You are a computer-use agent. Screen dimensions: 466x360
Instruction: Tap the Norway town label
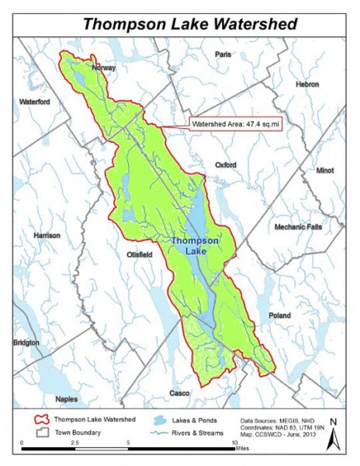104,68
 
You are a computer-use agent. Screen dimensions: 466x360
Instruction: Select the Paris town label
223,54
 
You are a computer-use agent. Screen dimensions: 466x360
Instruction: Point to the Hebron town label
306,83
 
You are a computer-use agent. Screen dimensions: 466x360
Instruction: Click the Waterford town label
34,102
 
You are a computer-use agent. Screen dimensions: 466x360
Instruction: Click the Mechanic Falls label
302,227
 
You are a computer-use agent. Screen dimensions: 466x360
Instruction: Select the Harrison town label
47,235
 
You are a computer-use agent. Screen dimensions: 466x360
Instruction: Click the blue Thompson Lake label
195,246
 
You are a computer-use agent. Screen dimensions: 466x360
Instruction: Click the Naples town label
45,398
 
